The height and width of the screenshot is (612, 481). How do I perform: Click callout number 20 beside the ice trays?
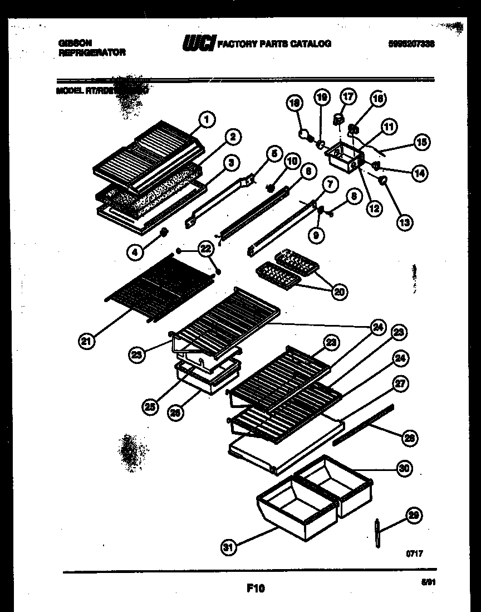pos(337,290)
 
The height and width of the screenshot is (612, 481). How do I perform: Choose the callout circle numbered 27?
pos(400,383)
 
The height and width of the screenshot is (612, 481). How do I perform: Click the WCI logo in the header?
pos(199,43)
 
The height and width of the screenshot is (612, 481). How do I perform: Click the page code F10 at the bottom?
pos(255,587)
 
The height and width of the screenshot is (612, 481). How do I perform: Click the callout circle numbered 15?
pos(421,142)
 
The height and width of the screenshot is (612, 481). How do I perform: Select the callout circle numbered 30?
pos(404,469)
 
